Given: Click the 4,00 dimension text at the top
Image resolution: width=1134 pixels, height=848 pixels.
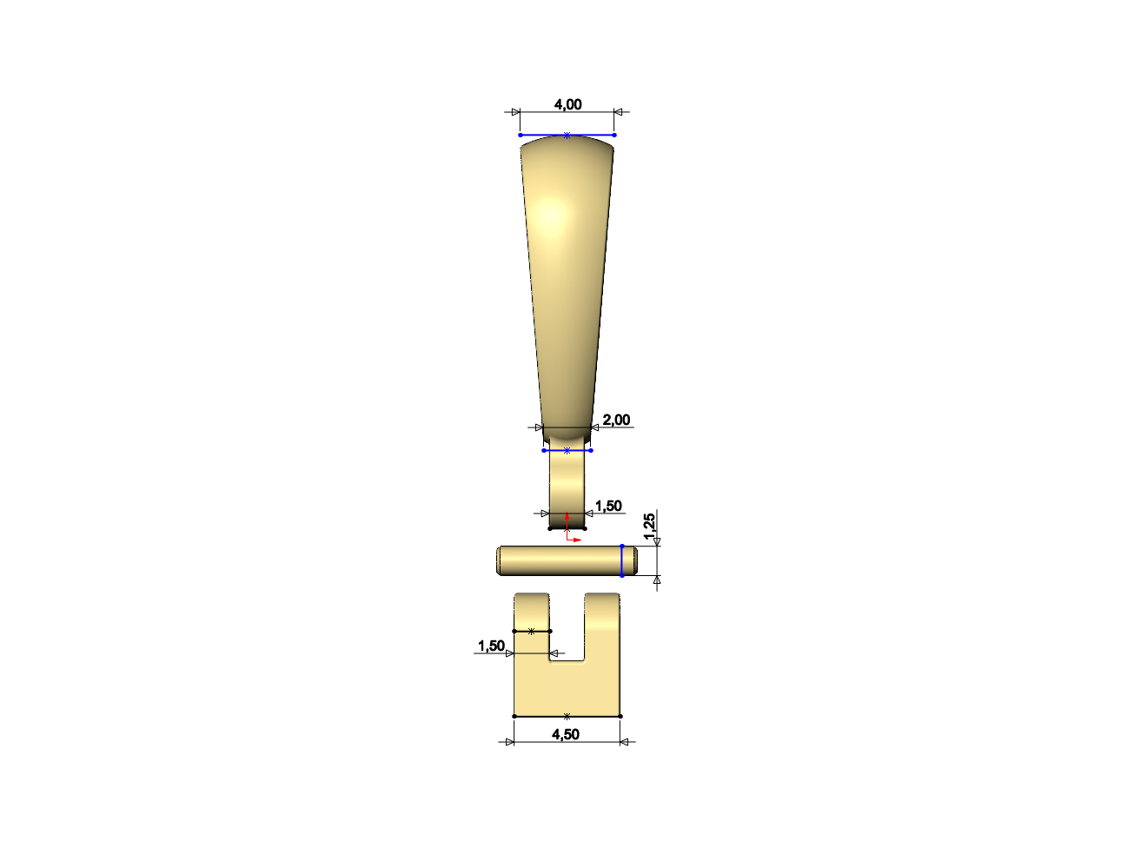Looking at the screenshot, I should [x=567, y=105].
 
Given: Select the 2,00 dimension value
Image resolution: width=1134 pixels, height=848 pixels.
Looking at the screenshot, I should [x=616, y=421].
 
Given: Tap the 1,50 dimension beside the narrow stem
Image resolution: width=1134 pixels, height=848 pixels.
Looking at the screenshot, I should [x=608, y=507].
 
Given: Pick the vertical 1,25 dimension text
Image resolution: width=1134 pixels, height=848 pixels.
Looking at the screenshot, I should [x=649, y=527].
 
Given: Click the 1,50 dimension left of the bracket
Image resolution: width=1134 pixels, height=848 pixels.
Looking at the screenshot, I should [x=491, y=646].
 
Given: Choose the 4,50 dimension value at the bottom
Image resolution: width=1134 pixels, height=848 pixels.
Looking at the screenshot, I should [x=566, y=735].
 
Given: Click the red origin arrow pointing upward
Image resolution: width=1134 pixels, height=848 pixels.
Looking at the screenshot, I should [x=567, y=520].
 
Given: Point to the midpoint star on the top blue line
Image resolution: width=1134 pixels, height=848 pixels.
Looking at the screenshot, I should [x=567, y=136].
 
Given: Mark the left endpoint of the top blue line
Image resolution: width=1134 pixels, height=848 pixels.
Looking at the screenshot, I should [x=521, y=136].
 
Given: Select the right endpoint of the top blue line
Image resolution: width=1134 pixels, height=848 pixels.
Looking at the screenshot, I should [x=614, y=136].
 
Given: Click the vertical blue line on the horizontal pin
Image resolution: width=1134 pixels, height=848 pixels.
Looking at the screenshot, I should [x=622, y=561].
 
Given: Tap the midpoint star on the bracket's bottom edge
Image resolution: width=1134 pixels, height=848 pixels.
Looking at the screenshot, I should [x=567, y=717].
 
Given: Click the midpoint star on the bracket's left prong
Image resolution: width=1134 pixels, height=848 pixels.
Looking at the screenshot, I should [x=532, y=632].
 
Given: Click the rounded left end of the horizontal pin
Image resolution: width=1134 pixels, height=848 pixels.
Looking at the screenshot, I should [x=501, y=561].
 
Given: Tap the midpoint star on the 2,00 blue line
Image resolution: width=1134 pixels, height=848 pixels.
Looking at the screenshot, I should [x=567, y=451].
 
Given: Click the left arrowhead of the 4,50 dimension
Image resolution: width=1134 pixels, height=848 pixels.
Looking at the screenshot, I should [x=509, y=742].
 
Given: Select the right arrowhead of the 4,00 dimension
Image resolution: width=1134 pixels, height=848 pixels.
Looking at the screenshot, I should [x=619, y=112].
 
